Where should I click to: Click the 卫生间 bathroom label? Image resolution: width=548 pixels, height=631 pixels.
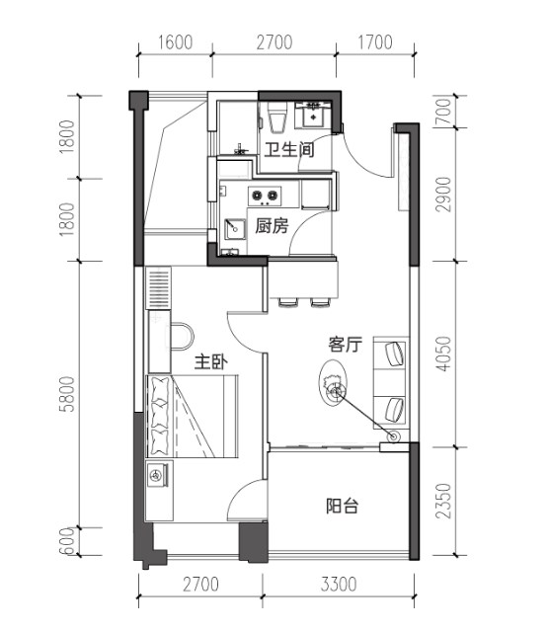(x=289, y=150)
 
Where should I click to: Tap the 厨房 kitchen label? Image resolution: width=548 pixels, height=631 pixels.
(x=272, y=226)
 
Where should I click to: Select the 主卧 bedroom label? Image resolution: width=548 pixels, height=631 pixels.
(x=211, y=361)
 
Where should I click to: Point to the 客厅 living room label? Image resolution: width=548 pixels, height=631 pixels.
(x=346, y=345)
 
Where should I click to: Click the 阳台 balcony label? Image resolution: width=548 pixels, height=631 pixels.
(x=342, y=506)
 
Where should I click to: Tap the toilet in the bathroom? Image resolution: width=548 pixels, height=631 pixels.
(x=277, y=118)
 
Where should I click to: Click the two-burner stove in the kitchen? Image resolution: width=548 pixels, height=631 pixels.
(x=265, y=196)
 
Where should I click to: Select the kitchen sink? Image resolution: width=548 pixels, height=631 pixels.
(x=235, y=229)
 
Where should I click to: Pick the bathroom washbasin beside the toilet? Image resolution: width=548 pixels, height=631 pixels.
(x=313, y=116)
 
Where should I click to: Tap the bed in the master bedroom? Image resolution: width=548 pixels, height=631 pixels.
(x=192, y=416)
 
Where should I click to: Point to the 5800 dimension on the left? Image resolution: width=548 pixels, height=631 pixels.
(x=67, y=394)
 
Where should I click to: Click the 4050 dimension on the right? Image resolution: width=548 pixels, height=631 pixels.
(x=443, y=354)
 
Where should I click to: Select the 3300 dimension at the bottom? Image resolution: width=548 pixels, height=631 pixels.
(x=339, y=585)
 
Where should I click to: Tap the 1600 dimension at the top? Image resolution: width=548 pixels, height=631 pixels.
(x=175, y=42)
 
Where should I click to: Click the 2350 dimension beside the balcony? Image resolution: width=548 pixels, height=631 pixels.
(x=443, y=501)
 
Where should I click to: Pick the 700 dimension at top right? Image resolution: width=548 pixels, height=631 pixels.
(x=442, y=112)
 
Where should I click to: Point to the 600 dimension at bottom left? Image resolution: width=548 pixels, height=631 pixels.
(x=67, y=541)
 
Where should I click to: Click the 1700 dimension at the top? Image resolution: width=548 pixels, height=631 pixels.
(x=375, y=42)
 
